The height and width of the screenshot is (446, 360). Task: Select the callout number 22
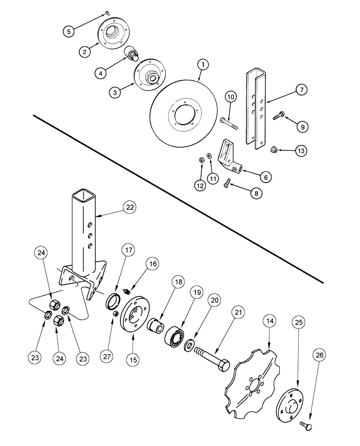[x=130, y=208]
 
